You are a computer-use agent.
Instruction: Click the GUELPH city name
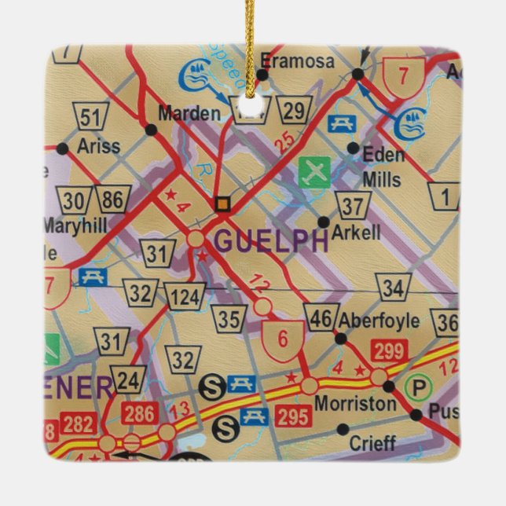click(271, 241)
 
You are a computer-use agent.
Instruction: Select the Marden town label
click(189, 112)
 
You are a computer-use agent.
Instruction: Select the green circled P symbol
click(418, 386)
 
